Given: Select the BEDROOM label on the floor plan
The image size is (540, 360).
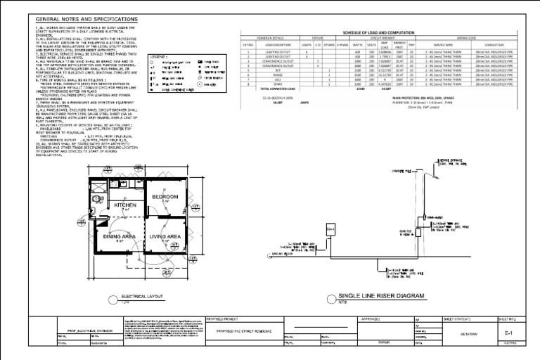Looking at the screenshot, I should pyautogui.click(x=166, y=197).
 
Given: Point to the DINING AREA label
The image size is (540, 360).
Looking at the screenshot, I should pyautogui.click(x=120, y=237).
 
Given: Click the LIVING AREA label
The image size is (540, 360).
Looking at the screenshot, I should pyautogui.click(x=166, y=237).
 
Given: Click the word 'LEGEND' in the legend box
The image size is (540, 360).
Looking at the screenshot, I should pyautogui.click(x=159, y=56).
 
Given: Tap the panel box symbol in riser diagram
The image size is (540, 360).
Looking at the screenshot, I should pyautogui.click(x=328, y=229).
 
